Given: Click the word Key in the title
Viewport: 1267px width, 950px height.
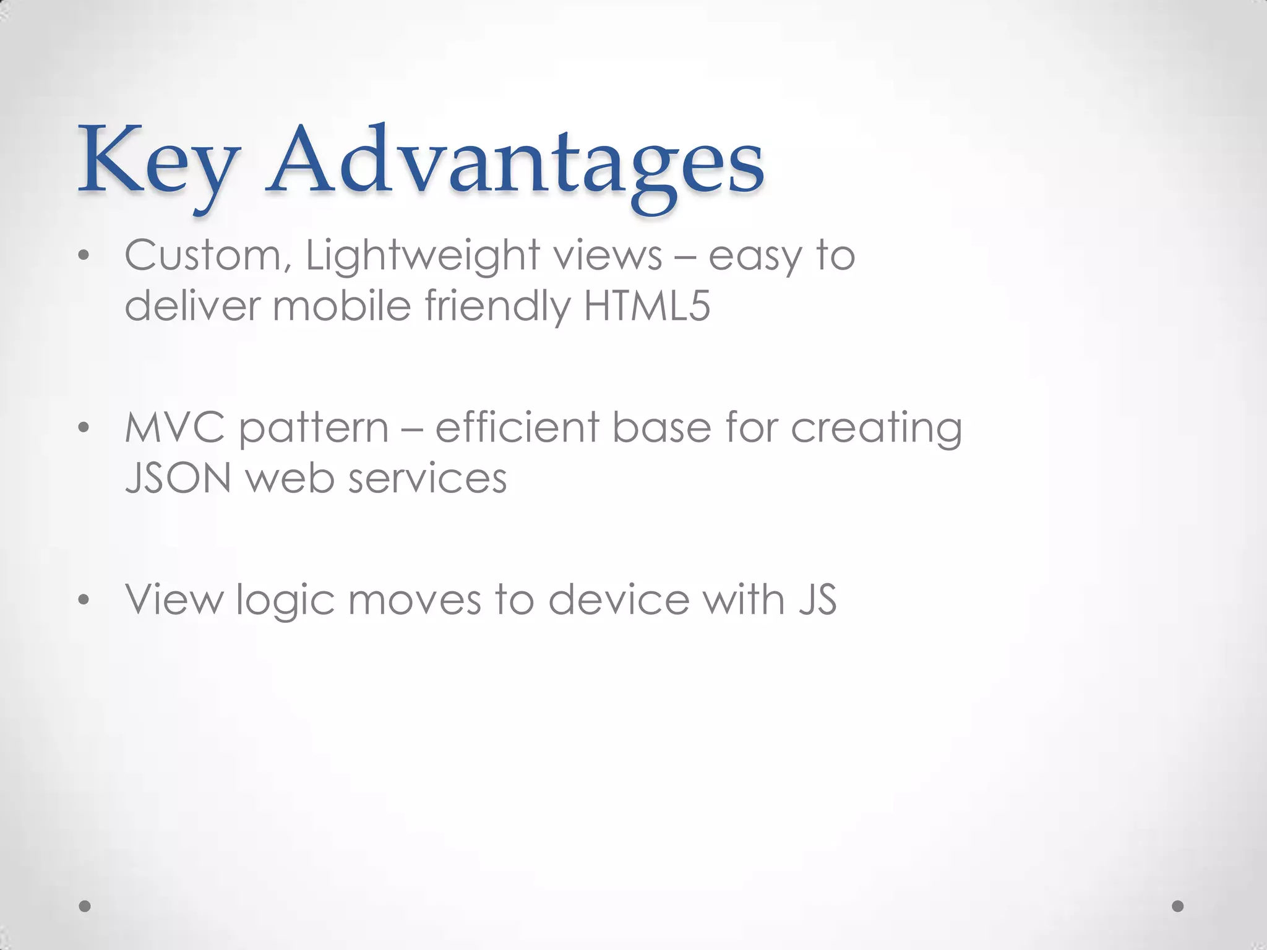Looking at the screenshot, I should (x=158, y=162).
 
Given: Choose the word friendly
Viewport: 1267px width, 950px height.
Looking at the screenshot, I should (x=497, y=307).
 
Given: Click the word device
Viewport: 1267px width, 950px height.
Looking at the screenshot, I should (x=619, y=600).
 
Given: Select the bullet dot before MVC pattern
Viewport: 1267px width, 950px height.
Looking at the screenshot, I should (x=84, y=429).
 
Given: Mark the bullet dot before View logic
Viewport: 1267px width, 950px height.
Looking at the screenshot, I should (x=84, y=601).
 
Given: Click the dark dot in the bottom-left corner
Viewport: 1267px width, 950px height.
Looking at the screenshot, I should (x=85, y=906).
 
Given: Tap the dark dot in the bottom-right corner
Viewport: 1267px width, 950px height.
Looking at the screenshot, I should (x=1178, y=906).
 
